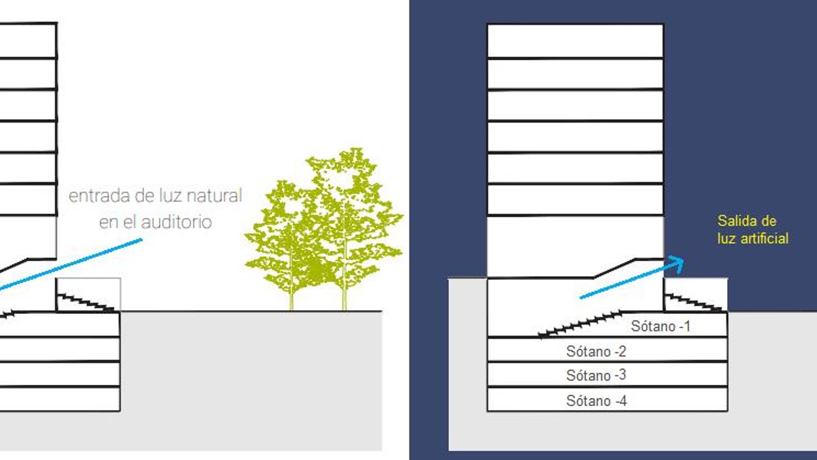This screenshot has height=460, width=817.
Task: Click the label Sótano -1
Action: coord(661,326)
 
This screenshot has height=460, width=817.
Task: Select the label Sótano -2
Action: coord(596,351)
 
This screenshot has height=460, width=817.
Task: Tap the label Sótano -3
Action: coord(596,375)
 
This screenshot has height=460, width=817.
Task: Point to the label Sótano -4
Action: coord(596,401)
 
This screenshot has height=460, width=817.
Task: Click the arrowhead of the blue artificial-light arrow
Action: coord(677,264)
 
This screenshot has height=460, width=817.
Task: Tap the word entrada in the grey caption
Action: coord(99,196)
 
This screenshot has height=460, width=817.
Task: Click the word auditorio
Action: coord(176,222)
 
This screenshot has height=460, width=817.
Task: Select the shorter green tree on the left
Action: coord(288,245)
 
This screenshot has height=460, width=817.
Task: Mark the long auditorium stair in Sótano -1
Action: coord(580,324)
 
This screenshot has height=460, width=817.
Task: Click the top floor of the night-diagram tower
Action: coord(575,41)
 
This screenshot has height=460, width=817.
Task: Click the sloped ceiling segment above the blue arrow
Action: coord(614,268)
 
